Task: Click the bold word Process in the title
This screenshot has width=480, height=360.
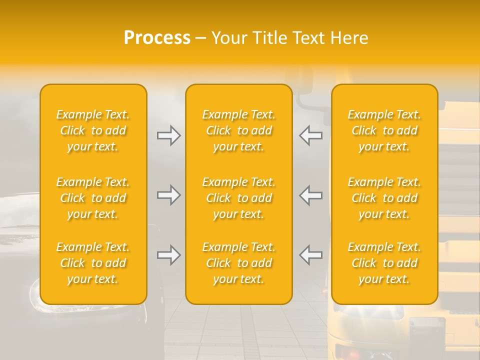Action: pyautogui.click(x=157, y=38)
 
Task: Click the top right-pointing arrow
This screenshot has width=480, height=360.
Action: pyautogui.click(x=168, y=135)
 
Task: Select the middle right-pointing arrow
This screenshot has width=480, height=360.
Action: pyautogui.click(x=168, y=195)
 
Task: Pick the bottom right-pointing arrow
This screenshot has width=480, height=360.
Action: pyautogui.click(x=168, y=255)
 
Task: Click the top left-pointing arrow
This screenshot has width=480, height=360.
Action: pyautogui.click(x=310, y=135)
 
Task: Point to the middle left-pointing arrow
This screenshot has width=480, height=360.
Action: pyautogui.click(x=310, y=195)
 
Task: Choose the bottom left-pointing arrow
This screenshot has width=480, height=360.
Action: pyautogui.click(x=310, y=255)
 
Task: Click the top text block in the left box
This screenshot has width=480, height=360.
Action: pyautogui.click(x=93, y=130)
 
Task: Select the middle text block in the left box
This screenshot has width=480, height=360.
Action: pyautogui.click(x=93, y=198)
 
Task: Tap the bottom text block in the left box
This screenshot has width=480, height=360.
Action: pyautogui.click(x=93, y=263)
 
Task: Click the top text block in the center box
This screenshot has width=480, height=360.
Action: pyautogui.click(x=238, y=130)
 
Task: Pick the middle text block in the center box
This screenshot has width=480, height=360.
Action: pyautogui.click(x=238, y=198)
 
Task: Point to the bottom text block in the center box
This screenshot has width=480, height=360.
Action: pyautogui.click(x=238, y=263)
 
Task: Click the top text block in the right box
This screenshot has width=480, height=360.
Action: pyautogui.click(x=384, y=130)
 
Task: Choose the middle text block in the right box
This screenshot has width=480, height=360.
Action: pyautogui.click(x=384, y=198)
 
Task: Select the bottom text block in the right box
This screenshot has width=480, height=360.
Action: pyautogui.click(x=384, y=263)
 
